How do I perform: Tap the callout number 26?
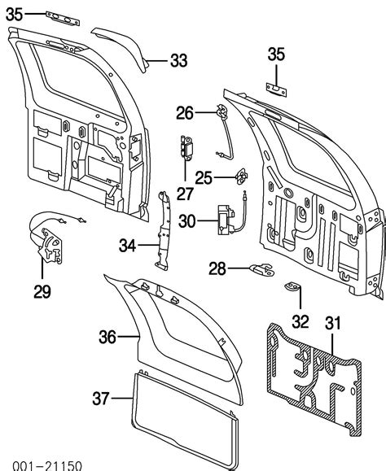click(186, 112)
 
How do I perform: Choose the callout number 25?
click(204, 177)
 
